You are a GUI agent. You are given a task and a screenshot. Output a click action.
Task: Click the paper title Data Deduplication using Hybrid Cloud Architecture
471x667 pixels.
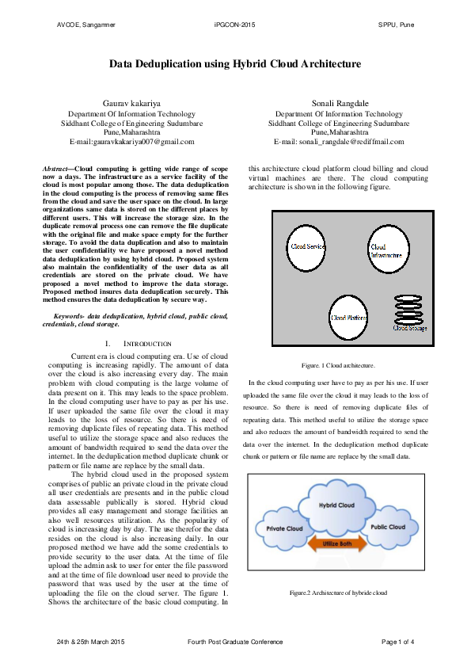point(235,63)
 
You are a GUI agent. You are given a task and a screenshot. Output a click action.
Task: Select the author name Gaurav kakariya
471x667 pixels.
point(131,104)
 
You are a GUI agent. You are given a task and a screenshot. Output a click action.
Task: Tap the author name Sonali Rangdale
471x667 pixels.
point(339,104)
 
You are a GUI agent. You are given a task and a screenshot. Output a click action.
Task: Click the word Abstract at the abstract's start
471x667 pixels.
point(55,169)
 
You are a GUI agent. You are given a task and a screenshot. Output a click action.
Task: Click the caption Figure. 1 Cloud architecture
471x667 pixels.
point(338,365)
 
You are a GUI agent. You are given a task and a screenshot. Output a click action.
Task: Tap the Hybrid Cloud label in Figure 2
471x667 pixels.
point(336,505)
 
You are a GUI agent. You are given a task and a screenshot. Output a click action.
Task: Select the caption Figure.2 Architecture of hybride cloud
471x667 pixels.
point(338,592)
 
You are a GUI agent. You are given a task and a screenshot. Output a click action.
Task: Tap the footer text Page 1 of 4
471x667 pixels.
point(397,640)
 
